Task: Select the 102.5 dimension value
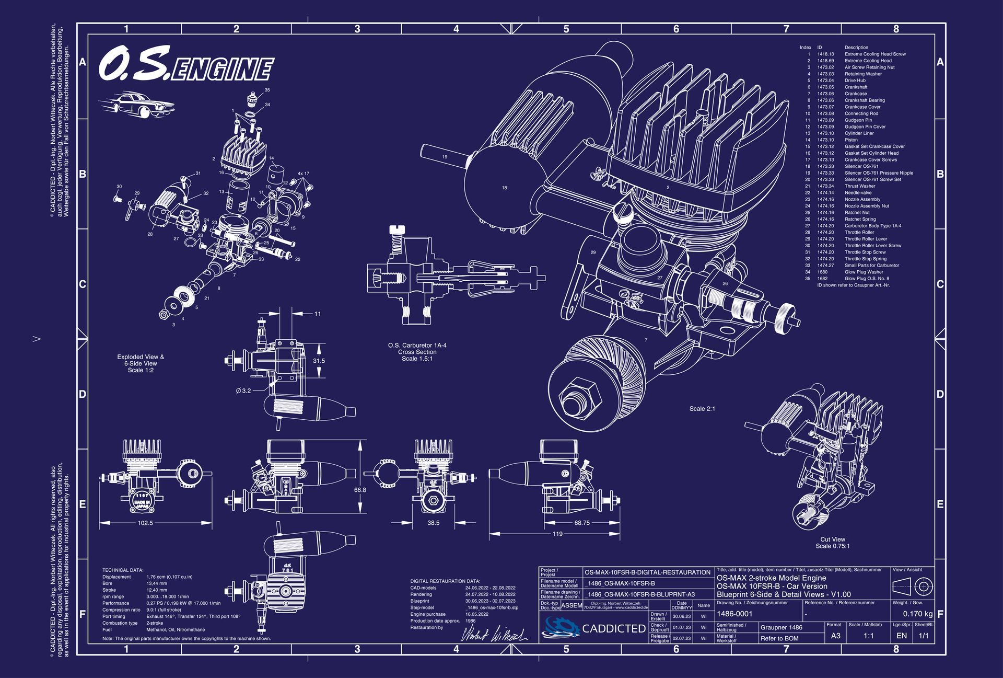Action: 145,523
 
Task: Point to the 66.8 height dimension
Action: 360,490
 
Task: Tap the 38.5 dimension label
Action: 433,523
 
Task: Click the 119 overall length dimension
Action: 557,534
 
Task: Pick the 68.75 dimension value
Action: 581,523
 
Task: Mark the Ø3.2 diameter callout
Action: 243,390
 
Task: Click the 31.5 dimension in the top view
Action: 319,361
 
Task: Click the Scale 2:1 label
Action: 702,408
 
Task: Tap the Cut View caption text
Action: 833,539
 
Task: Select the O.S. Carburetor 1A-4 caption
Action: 417,346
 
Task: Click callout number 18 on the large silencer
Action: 504,188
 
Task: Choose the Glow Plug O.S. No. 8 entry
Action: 867,279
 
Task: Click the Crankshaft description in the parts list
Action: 856,87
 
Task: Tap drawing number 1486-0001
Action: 734,614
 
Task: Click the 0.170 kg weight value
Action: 917,614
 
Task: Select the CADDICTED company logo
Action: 594,627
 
